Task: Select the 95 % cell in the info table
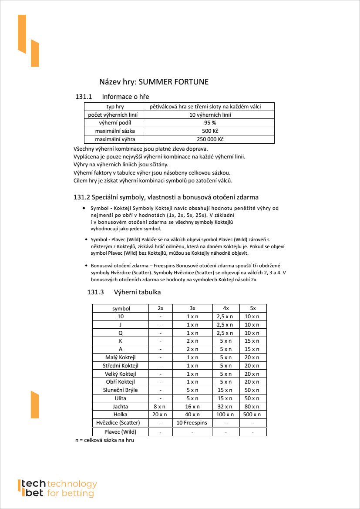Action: pos(210,123)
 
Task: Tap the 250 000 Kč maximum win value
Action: pos(210,139)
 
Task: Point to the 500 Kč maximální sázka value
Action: pos(210,131)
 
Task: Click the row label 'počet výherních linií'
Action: pos(115,115)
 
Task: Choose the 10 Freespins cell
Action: pos(192,423)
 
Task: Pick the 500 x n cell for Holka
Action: pos(252,415)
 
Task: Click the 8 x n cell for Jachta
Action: pos(160,406)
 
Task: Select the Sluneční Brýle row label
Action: pos(121,390)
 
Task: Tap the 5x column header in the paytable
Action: pos(252,308)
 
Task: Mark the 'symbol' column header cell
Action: pos(121,308)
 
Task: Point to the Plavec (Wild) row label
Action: pos(121,432)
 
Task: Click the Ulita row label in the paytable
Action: pos(121,398)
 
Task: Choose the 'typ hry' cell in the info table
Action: pos(115,107)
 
